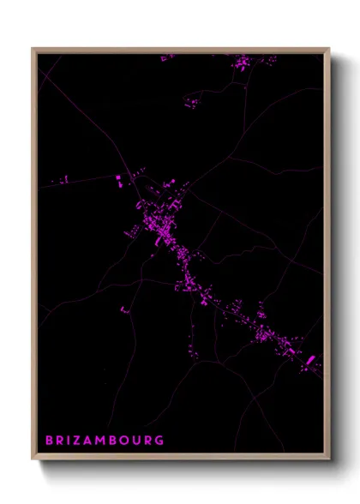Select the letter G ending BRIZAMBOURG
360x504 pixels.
coord(159,441)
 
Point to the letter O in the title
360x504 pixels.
coord(125,441)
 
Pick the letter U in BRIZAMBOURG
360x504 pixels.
coord(136,441)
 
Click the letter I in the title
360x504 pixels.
coord(70,441)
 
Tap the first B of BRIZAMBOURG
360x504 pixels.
coord(50,441)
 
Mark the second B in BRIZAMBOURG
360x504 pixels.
coord(114,441)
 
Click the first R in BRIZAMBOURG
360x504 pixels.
coord(61,441)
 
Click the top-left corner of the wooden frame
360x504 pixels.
coord(33,48)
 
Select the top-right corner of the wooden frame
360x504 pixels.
coord(329,48)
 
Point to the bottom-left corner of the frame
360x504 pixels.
coord(33,460)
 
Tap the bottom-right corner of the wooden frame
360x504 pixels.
coord(329,460)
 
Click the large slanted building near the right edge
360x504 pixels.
coord(310,360)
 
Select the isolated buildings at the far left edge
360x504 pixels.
coord(63,180)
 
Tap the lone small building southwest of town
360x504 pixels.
coord(123,309)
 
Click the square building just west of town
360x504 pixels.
coord(118,180)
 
